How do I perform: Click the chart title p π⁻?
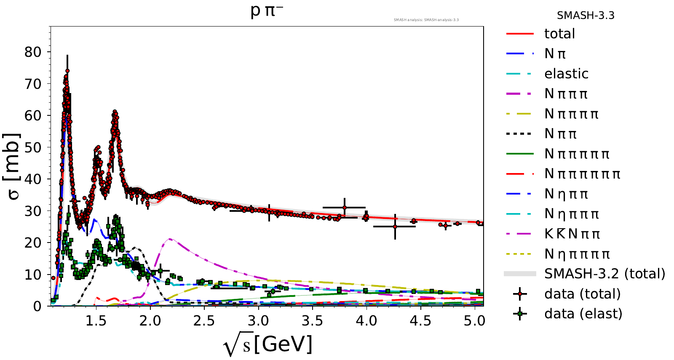(x=266, y=11)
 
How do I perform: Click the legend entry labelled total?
(x=559, y=34)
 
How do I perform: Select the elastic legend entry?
(x=566, y=74)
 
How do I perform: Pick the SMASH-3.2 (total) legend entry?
(x=604, y=274)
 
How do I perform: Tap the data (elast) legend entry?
(x=583, y=314)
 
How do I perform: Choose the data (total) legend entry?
(x=582, y=294)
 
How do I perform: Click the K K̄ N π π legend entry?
(x=572, y=234)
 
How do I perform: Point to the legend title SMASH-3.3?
(x=586, y=16)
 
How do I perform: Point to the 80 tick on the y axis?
(x=33, y=52)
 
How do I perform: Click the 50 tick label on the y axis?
(x=33, y=147)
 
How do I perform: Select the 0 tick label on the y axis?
(x=37, y=306)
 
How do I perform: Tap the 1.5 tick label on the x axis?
(x=96, y=321)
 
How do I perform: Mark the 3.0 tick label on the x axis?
(x=258, y=321)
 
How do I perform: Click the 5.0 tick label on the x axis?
(x=474, y=321)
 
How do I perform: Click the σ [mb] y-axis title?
(x=12, y=166)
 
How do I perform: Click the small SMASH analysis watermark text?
(x=426, y=20)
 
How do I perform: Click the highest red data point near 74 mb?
(x=67, y=71)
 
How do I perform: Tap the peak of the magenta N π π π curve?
(x=169, y=239)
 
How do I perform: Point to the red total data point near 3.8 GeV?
(x=345, y=208)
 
